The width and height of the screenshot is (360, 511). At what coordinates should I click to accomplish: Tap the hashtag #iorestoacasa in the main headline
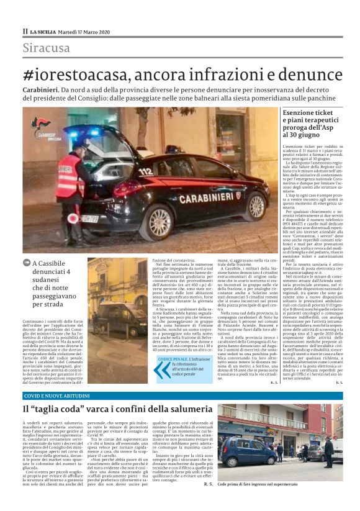tap(79, 74)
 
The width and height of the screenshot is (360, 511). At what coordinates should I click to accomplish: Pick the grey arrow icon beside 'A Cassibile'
tap(27, 263)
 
